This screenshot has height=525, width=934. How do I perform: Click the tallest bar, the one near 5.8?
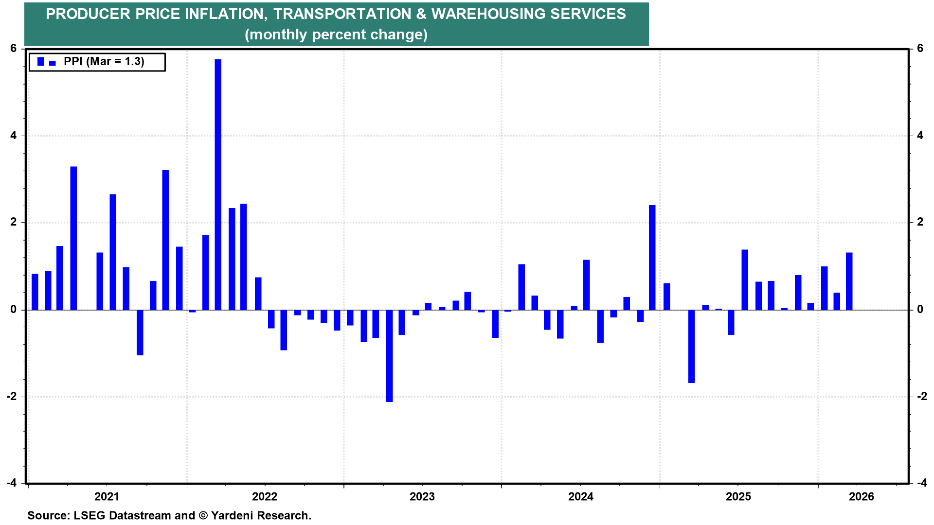218,185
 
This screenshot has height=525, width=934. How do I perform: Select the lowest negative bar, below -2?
389,356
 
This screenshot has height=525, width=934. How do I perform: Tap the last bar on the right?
849,281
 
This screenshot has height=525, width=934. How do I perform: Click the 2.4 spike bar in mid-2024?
652,258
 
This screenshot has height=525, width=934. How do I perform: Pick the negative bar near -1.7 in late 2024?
691,346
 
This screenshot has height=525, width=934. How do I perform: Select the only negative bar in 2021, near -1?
140,332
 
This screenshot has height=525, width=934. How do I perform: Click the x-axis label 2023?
422,496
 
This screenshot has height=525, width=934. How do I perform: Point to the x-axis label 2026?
861,496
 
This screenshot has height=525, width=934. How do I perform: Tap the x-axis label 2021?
107,496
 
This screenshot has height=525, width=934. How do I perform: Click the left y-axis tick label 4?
14,136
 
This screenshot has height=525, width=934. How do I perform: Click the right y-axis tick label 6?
920,49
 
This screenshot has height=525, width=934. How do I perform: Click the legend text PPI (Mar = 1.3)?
104,62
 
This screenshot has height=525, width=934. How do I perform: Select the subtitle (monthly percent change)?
336,35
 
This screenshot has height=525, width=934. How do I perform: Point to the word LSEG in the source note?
89,515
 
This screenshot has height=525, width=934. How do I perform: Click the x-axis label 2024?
581,496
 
